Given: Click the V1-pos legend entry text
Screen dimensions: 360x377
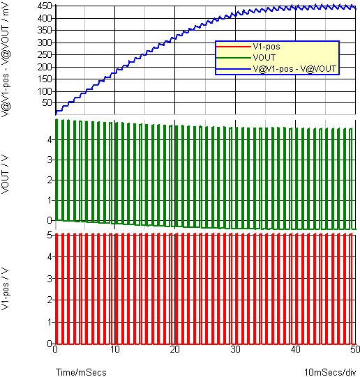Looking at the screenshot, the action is pos(267,47).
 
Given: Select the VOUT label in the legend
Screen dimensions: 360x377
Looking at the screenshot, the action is pos(264,58).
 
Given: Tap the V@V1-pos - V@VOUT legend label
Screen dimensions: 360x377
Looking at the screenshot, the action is pos(294,69).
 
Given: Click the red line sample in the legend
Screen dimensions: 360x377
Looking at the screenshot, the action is pos(234,47).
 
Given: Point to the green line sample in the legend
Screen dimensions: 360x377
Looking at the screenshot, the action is pos(234,58).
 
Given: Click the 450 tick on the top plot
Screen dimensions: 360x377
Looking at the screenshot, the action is pos(45,6).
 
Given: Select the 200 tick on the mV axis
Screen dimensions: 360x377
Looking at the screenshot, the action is pos(45,67).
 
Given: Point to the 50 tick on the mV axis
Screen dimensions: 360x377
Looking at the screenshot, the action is pos(47,103).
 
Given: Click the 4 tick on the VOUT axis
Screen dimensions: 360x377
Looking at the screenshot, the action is pos(50,139).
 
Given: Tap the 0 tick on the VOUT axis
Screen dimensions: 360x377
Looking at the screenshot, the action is pos(50,220).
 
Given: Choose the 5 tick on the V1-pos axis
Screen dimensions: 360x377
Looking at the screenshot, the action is pos(50,235).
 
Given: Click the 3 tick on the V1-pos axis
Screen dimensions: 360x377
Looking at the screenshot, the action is pos(50,279).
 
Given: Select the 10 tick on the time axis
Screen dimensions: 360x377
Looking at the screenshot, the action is pos(115,349).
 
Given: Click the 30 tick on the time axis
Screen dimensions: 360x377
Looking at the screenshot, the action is pos(235,349).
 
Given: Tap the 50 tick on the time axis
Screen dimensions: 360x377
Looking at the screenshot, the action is pos(355,349).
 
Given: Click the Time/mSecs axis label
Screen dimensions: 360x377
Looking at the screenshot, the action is pos(81,372).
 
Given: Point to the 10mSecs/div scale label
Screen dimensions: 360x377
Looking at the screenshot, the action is pos(330,372).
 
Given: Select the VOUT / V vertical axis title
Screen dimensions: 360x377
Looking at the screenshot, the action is pos(6,174).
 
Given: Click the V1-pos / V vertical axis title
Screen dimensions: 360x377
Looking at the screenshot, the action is pos(6,288).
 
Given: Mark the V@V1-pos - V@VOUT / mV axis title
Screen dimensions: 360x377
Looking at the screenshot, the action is pos(6,60).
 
